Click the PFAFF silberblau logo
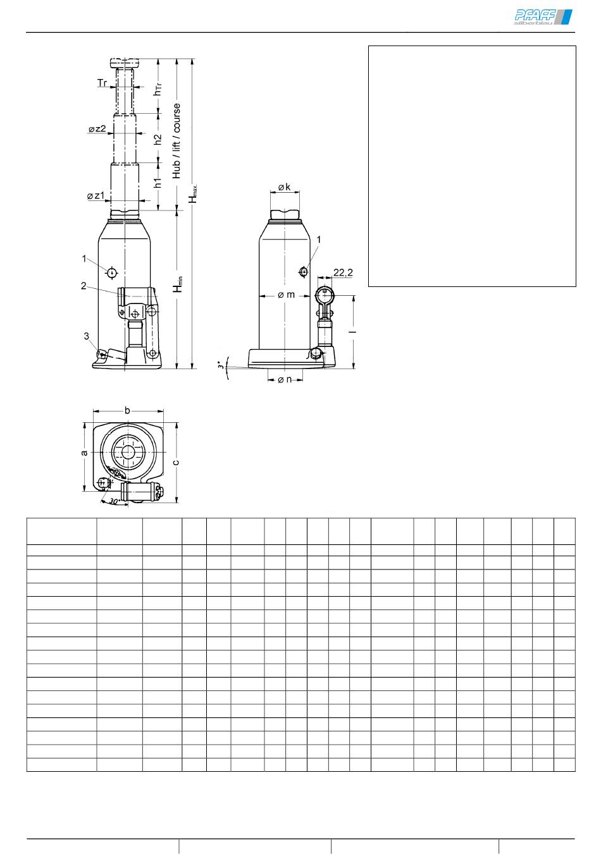(x=543, y=17)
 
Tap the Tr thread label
(x=102, y=83)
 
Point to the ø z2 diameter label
(x=97, y=129)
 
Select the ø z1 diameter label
(x=96, y=196)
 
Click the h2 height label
(x=158, y=139)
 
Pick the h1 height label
(x=158, y=183)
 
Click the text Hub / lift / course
(x=177, y=141)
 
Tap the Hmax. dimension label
(x=193, y=193)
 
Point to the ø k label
(x=285, y=187)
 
